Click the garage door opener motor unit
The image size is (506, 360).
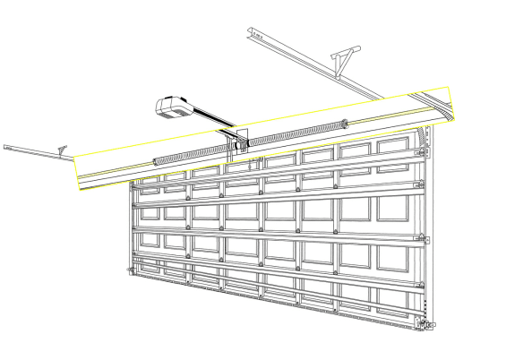click(x=176, y=106)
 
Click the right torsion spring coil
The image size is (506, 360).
click(x=296, y=131)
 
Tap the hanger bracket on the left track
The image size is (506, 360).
click(x=61, y=150)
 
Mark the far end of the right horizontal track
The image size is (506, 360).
click(x=251, y=32)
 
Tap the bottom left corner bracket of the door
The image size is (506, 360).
click(x=132, y=270)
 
